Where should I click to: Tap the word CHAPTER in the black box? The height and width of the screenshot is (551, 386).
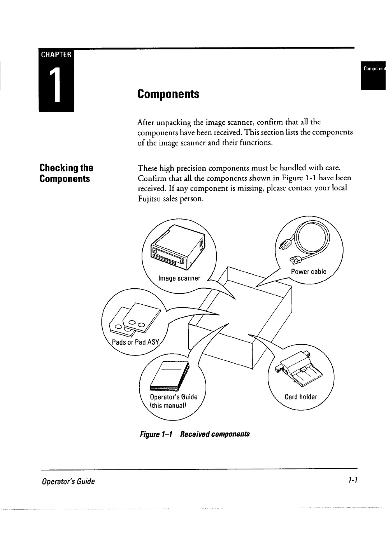pyautogui.click(x=56, y=55)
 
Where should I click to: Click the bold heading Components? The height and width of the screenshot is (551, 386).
pyautogui.click(x=168, y=94)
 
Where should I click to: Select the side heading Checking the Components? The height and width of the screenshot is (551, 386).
pyautogui.click(x=66, y=173)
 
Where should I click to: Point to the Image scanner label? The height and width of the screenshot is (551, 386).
pyautogui.click(x=179, y=278)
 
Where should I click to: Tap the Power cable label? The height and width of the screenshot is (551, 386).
pyautogui.click(x=309, y=272)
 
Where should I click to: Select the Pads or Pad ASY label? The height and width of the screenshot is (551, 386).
pyautogui.click(x=135, y=342)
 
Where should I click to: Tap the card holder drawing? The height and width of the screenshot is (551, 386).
pyautogui.click(x=298, y=370)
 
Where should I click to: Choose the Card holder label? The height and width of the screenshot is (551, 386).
pyautogui.click(x=301, y=397)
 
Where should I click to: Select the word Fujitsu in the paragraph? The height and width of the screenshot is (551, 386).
pyautogui.click(x=150, y=199)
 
